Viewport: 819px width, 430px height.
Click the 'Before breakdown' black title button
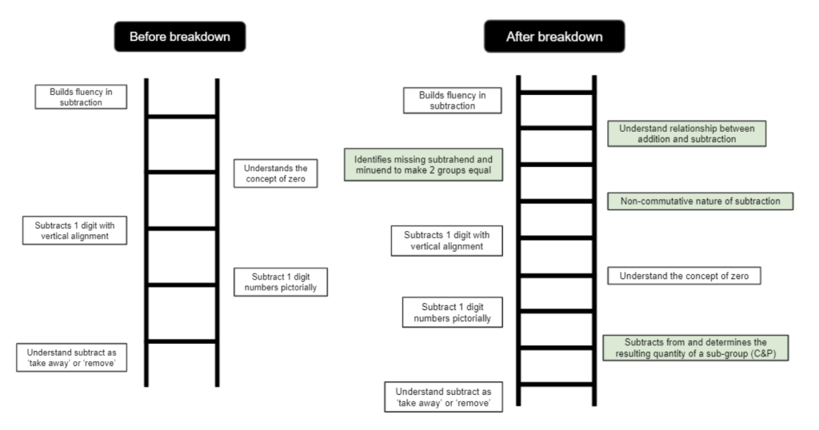180,37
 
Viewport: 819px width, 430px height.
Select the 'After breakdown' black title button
554,37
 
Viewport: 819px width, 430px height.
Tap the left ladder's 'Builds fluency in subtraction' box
81,97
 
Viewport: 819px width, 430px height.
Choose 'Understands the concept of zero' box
275,173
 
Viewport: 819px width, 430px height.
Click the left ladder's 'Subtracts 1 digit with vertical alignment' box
74,230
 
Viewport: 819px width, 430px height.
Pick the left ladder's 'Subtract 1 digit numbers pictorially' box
281,282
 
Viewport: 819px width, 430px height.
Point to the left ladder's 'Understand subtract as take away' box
71,357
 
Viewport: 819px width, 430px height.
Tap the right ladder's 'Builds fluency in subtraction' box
453,100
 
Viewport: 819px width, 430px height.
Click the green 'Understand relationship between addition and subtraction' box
687,133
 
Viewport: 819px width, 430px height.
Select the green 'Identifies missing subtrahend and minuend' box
424,165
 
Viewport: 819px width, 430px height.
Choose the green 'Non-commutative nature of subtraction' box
701,201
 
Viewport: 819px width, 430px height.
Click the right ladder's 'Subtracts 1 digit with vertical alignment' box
446,241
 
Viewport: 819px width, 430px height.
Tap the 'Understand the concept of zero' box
684,276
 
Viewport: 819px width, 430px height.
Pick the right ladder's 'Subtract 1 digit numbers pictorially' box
453,312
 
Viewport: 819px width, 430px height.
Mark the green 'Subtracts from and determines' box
696,348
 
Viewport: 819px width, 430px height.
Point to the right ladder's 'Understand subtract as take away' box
443,396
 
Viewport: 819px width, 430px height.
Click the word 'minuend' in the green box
371,170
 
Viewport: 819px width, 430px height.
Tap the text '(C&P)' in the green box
761,353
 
